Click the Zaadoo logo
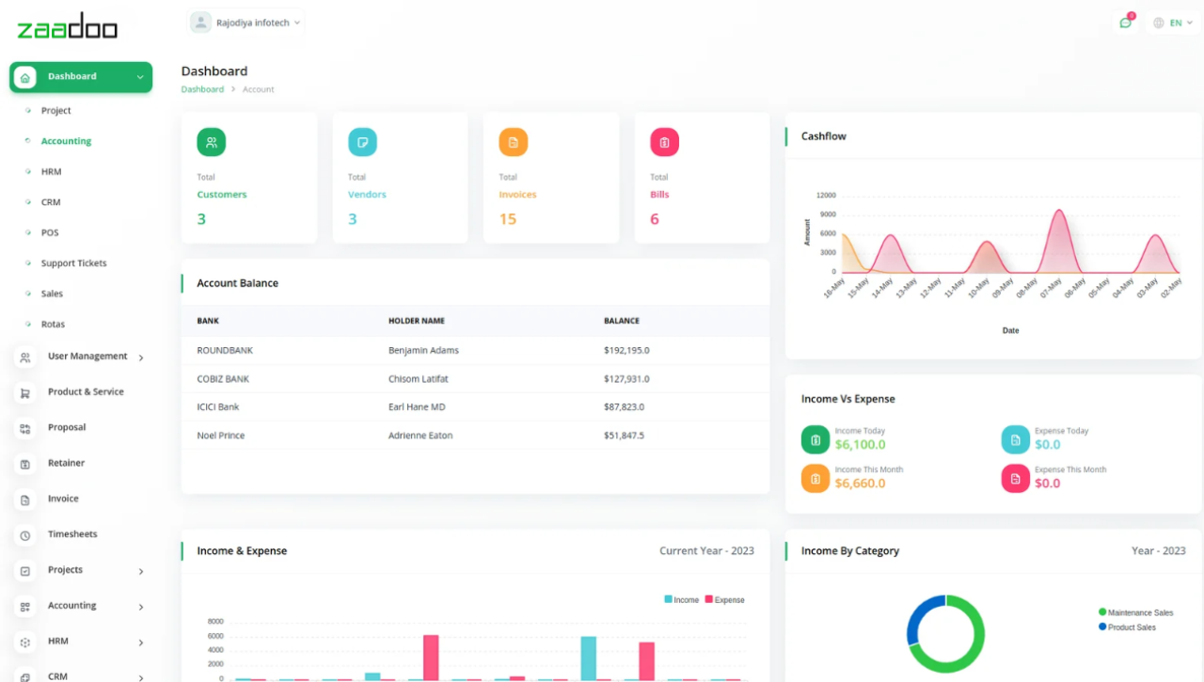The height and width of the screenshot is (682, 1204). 68,26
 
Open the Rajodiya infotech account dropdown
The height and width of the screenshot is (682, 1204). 246,23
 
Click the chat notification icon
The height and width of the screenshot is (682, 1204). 1125,23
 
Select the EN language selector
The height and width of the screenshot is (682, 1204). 1173,23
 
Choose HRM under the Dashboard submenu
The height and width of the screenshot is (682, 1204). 51,172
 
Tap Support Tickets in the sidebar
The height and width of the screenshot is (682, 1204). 73,263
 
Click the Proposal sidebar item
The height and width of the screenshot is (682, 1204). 67,427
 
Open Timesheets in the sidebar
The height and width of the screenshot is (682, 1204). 72,534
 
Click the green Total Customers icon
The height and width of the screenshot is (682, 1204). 212,142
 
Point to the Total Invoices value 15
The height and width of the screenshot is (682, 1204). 508,219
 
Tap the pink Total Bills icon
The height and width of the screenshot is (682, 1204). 664,142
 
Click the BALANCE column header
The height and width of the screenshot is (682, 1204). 621,321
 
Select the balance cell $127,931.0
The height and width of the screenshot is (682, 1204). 626,379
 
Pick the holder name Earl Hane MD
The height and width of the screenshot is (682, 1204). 417,407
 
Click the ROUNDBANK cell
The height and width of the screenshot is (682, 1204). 225,350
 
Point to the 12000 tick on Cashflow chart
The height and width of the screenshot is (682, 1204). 825,196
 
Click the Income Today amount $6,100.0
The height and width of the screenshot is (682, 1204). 860,445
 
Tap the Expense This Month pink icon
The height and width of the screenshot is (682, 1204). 1015,478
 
